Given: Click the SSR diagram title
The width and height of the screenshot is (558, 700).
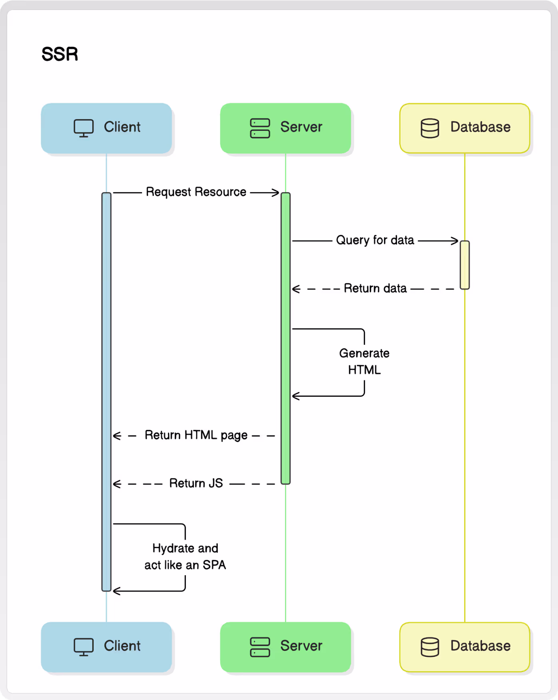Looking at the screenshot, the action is pos(60,54).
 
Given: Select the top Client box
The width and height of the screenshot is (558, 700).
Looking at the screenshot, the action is pos(106,128).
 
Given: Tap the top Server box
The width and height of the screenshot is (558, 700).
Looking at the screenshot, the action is pos(285,128).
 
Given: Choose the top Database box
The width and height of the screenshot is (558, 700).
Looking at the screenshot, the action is pos(465,128).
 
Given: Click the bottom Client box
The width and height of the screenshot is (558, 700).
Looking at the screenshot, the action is pos(106,647).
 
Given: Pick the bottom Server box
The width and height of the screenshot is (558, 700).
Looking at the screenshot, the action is pos(285,647).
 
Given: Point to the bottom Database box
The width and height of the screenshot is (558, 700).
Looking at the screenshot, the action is pos(465,647).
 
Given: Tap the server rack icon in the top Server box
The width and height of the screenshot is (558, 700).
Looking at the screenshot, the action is pos(260,128).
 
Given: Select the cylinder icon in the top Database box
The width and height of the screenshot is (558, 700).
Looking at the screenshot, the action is pos(430,128).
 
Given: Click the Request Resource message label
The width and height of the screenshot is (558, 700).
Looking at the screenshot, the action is pos(196,192).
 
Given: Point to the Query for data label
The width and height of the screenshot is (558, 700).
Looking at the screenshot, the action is pos(375,240).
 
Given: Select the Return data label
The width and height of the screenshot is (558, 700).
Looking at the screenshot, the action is pos(375,288).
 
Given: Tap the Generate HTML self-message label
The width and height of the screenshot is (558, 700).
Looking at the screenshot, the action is pos(364,361).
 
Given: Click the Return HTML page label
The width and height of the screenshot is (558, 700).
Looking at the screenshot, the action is pos(196,435).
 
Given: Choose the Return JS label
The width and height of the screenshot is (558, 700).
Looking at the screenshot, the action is pos(196,483).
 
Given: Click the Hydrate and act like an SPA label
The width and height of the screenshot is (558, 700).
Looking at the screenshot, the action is pos(185,556).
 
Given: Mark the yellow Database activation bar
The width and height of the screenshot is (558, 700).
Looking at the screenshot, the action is pos(465,265).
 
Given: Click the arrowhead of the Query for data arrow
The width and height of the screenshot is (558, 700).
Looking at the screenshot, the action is pos(455,241).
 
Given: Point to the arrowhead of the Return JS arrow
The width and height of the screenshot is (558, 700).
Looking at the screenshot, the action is pos(117,484).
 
